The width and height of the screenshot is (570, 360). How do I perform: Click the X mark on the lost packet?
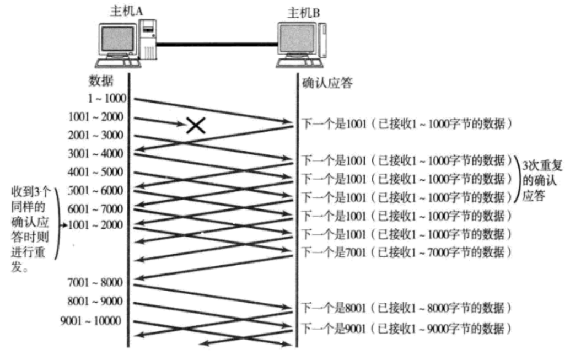click(x=196, y=126)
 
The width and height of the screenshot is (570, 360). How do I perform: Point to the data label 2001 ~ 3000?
click(x=96, y=135)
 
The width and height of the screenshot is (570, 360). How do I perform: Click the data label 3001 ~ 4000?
click(x=96, y=153)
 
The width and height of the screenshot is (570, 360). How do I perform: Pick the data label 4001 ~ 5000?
click(x=96, y=172)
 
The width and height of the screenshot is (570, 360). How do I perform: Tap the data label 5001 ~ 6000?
click(x=96, y=191)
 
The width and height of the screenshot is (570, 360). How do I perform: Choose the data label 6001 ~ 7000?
click(x=96, y=209)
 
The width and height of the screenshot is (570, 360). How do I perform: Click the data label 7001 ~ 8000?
click(x=96, y=283)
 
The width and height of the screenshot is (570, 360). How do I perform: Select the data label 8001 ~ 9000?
click(x=96, y=302)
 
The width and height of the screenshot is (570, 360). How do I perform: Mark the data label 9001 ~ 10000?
click(x=92, y=320)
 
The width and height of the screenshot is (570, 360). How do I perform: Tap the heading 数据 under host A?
click(x=101, y=81)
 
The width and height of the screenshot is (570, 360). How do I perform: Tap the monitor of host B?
click(x=298, y=40)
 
